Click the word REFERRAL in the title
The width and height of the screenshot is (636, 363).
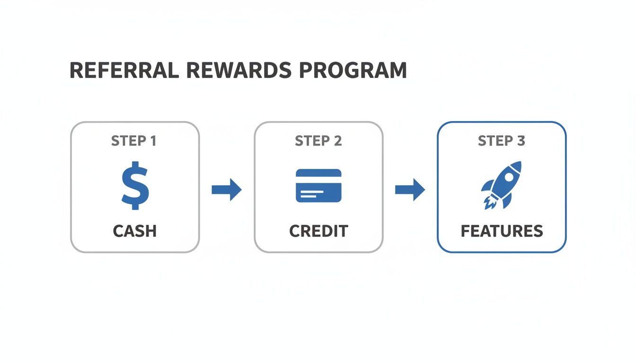124,70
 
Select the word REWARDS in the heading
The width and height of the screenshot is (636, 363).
239,70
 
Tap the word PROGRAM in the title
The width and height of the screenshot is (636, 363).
353,70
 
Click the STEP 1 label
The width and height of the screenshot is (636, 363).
134,141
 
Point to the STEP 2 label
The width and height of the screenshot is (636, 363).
318,141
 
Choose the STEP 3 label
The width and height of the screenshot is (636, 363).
501,141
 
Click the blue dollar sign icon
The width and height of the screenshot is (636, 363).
135,185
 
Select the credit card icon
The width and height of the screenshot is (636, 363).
318,186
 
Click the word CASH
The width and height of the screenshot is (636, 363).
135,231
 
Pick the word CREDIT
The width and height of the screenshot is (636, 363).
318,231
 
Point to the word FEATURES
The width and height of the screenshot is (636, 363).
502,231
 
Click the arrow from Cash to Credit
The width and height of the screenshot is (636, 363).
227,190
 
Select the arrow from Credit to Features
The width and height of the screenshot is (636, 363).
410,190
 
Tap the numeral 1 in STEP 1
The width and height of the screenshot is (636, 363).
152,141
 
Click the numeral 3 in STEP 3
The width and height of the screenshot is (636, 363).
521,141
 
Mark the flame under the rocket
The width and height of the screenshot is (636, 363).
488,203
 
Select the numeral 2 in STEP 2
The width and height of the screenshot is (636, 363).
337,141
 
